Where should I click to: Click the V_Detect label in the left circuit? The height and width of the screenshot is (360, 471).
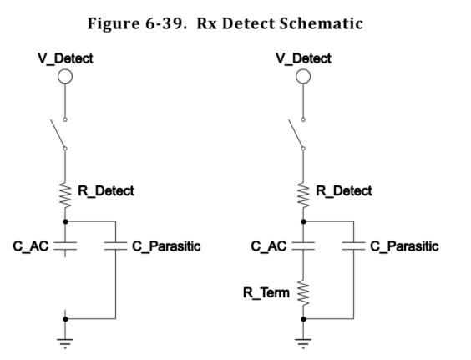click(65, 58)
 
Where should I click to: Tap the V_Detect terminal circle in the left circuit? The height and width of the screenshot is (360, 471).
click(65, 78)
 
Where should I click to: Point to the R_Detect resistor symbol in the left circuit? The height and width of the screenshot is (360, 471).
click(65, 195)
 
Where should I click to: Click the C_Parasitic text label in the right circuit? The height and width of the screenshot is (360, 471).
click(405, 246)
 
